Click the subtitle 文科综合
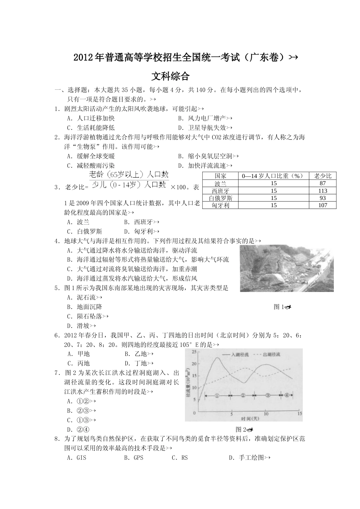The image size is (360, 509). [x=170, y=76]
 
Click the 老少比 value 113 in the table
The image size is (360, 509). [x=323, y=190]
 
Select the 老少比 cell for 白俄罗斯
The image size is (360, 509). [x=323, y=198]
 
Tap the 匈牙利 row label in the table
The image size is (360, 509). [x=220, y=205]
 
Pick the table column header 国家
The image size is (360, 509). [x=220, y=176]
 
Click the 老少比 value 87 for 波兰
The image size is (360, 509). [x=323, y=183]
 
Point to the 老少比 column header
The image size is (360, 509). [x=323, y=176]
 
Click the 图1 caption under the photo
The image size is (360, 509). [x=282, y=307]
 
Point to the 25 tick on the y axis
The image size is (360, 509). [x=194, y=352]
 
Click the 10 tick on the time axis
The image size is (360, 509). [x=266, y=414]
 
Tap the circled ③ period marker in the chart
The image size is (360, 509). [x=268, y=395]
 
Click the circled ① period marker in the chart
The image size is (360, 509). [x=217, y=395]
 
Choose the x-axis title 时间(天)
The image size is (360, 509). [x=250, y=418]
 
